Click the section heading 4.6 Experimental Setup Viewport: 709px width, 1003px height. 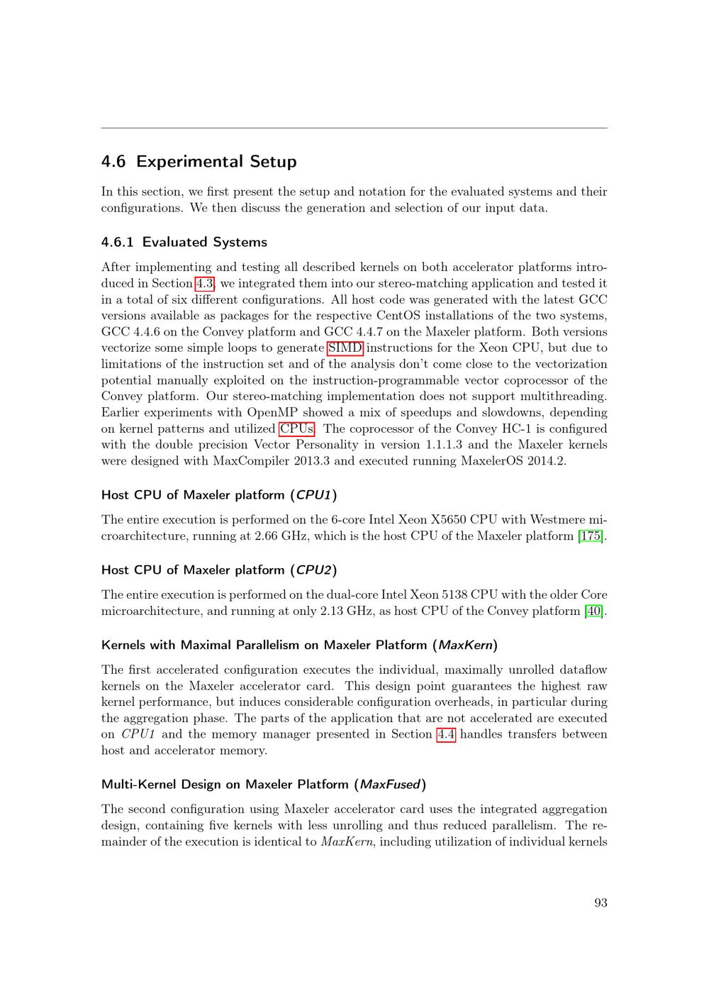[x=199, y=162]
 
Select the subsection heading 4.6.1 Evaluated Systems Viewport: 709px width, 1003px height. [x=184, y=242]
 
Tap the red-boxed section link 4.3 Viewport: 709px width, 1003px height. [x=204, y=284]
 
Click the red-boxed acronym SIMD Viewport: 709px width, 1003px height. [x=345, y=348]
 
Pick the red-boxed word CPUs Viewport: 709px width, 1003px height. [x=296, y=429]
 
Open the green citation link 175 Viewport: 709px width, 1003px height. [x=591, y=536]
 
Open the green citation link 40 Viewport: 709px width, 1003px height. [x=594, y=611]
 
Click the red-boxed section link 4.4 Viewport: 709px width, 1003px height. [x=446, y=734]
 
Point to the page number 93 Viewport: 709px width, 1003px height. [x=601, y=903]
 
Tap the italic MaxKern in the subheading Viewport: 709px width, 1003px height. [x=465, y=645]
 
